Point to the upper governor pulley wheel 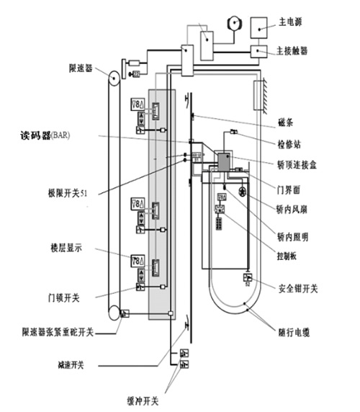(x=113, y=76)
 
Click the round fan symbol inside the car (x=243, y=192)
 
